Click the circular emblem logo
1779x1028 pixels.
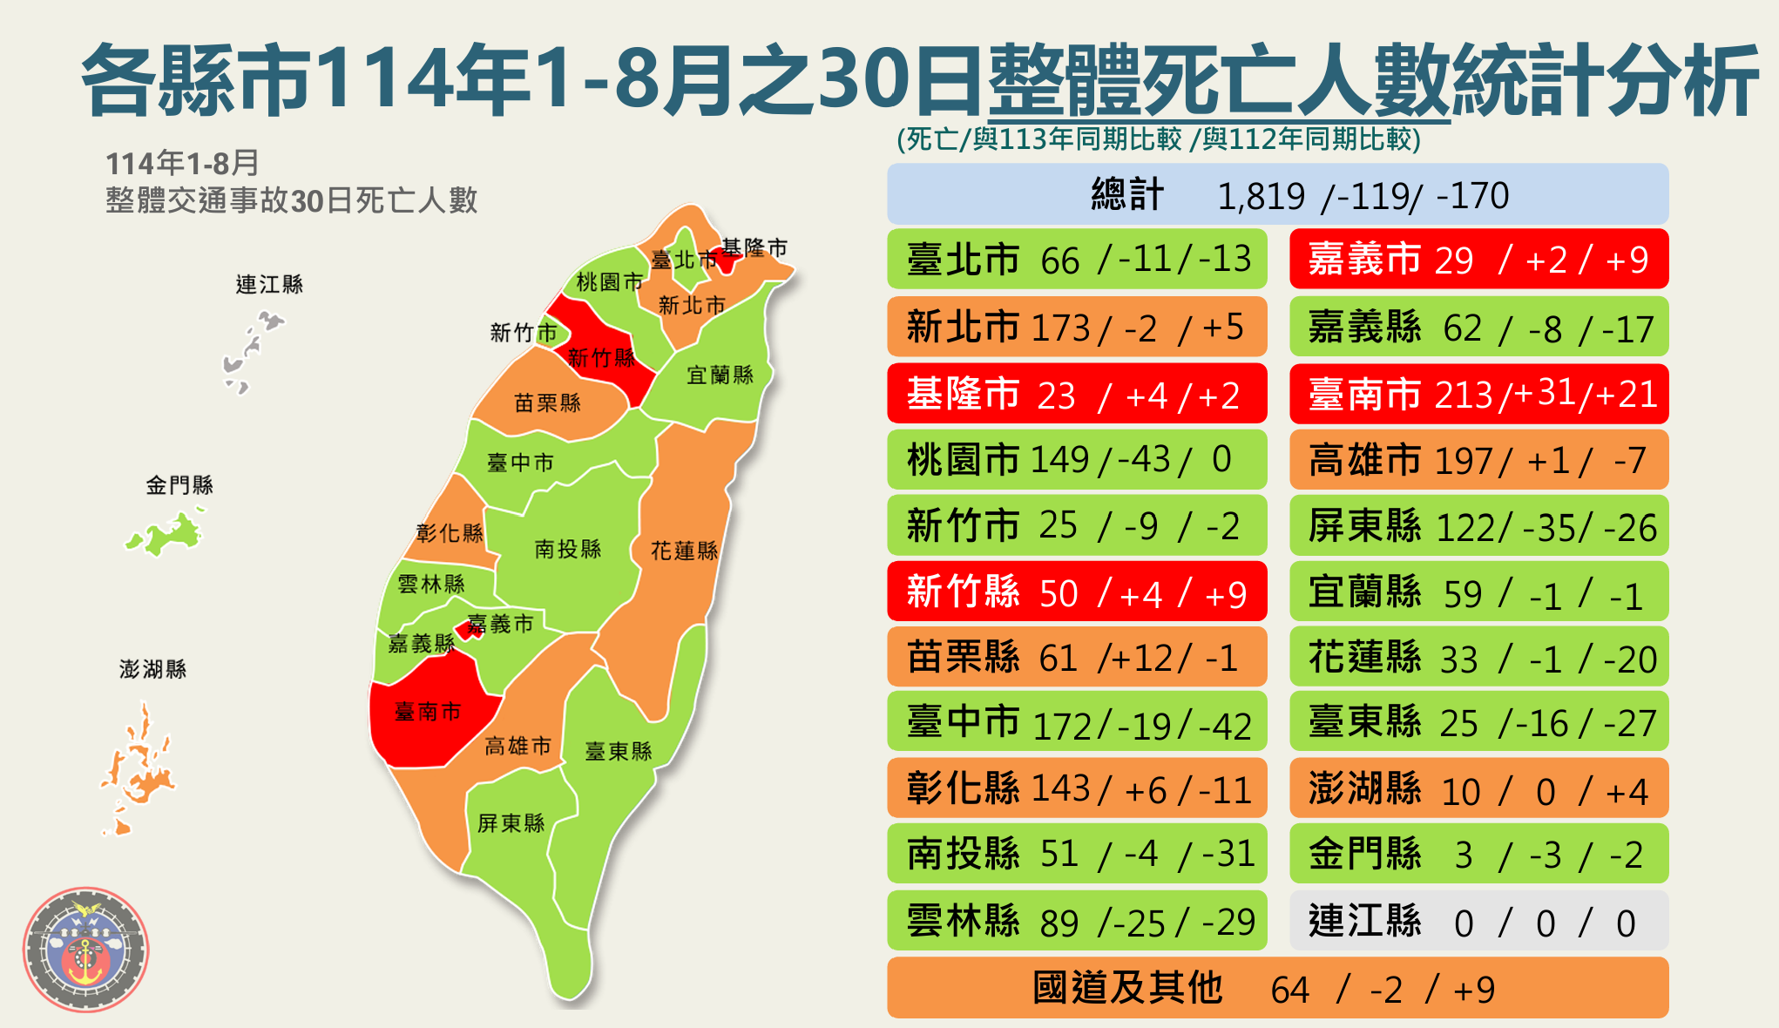[x=85, y=949]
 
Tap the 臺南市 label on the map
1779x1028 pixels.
[x=427, y=712]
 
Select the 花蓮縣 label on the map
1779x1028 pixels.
[x=684, y=551]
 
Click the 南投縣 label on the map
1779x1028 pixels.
[x=567, y=549]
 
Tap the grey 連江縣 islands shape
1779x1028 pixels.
[x=249, y=348]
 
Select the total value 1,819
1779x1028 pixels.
[x=1261, y=196]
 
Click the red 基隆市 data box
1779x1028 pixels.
[x=1076, y=395]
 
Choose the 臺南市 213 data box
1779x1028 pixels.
[x=1478, y=395]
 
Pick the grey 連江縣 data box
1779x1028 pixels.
[x=1478, y=922]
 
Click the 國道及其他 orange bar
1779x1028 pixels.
[x=1277, y=988]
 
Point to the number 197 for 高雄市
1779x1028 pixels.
[x=1464, y=461]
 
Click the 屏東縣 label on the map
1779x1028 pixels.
[x=511, y=823]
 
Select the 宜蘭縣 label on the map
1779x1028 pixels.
[x=720, y=375]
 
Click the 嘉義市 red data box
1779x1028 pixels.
[x=1478, y=260]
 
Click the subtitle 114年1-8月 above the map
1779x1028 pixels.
[x=182, y=163]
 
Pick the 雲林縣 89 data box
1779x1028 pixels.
[x=1076, y=922]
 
